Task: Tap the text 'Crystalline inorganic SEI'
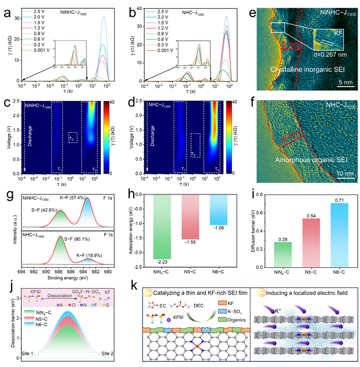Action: click(x=310, y=70)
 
